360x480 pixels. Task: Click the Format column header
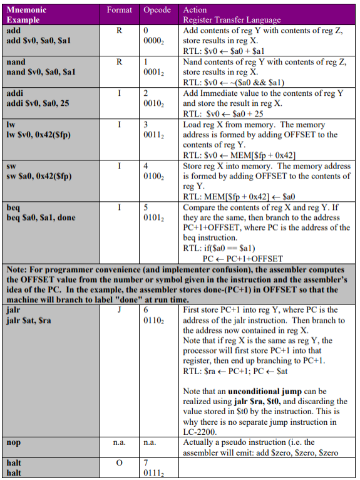coord(120,10)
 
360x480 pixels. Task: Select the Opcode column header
coord(157,10)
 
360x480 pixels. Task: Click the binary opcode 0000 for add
coord(153,40)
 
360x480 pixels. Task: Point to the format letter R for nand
coord(119,61)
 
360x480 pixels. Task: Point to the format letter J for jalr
coord(119,310)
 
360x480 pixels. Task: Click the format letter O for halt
coord(119,463)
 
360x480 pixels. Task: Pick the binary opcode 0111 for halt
coord(153,473)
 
